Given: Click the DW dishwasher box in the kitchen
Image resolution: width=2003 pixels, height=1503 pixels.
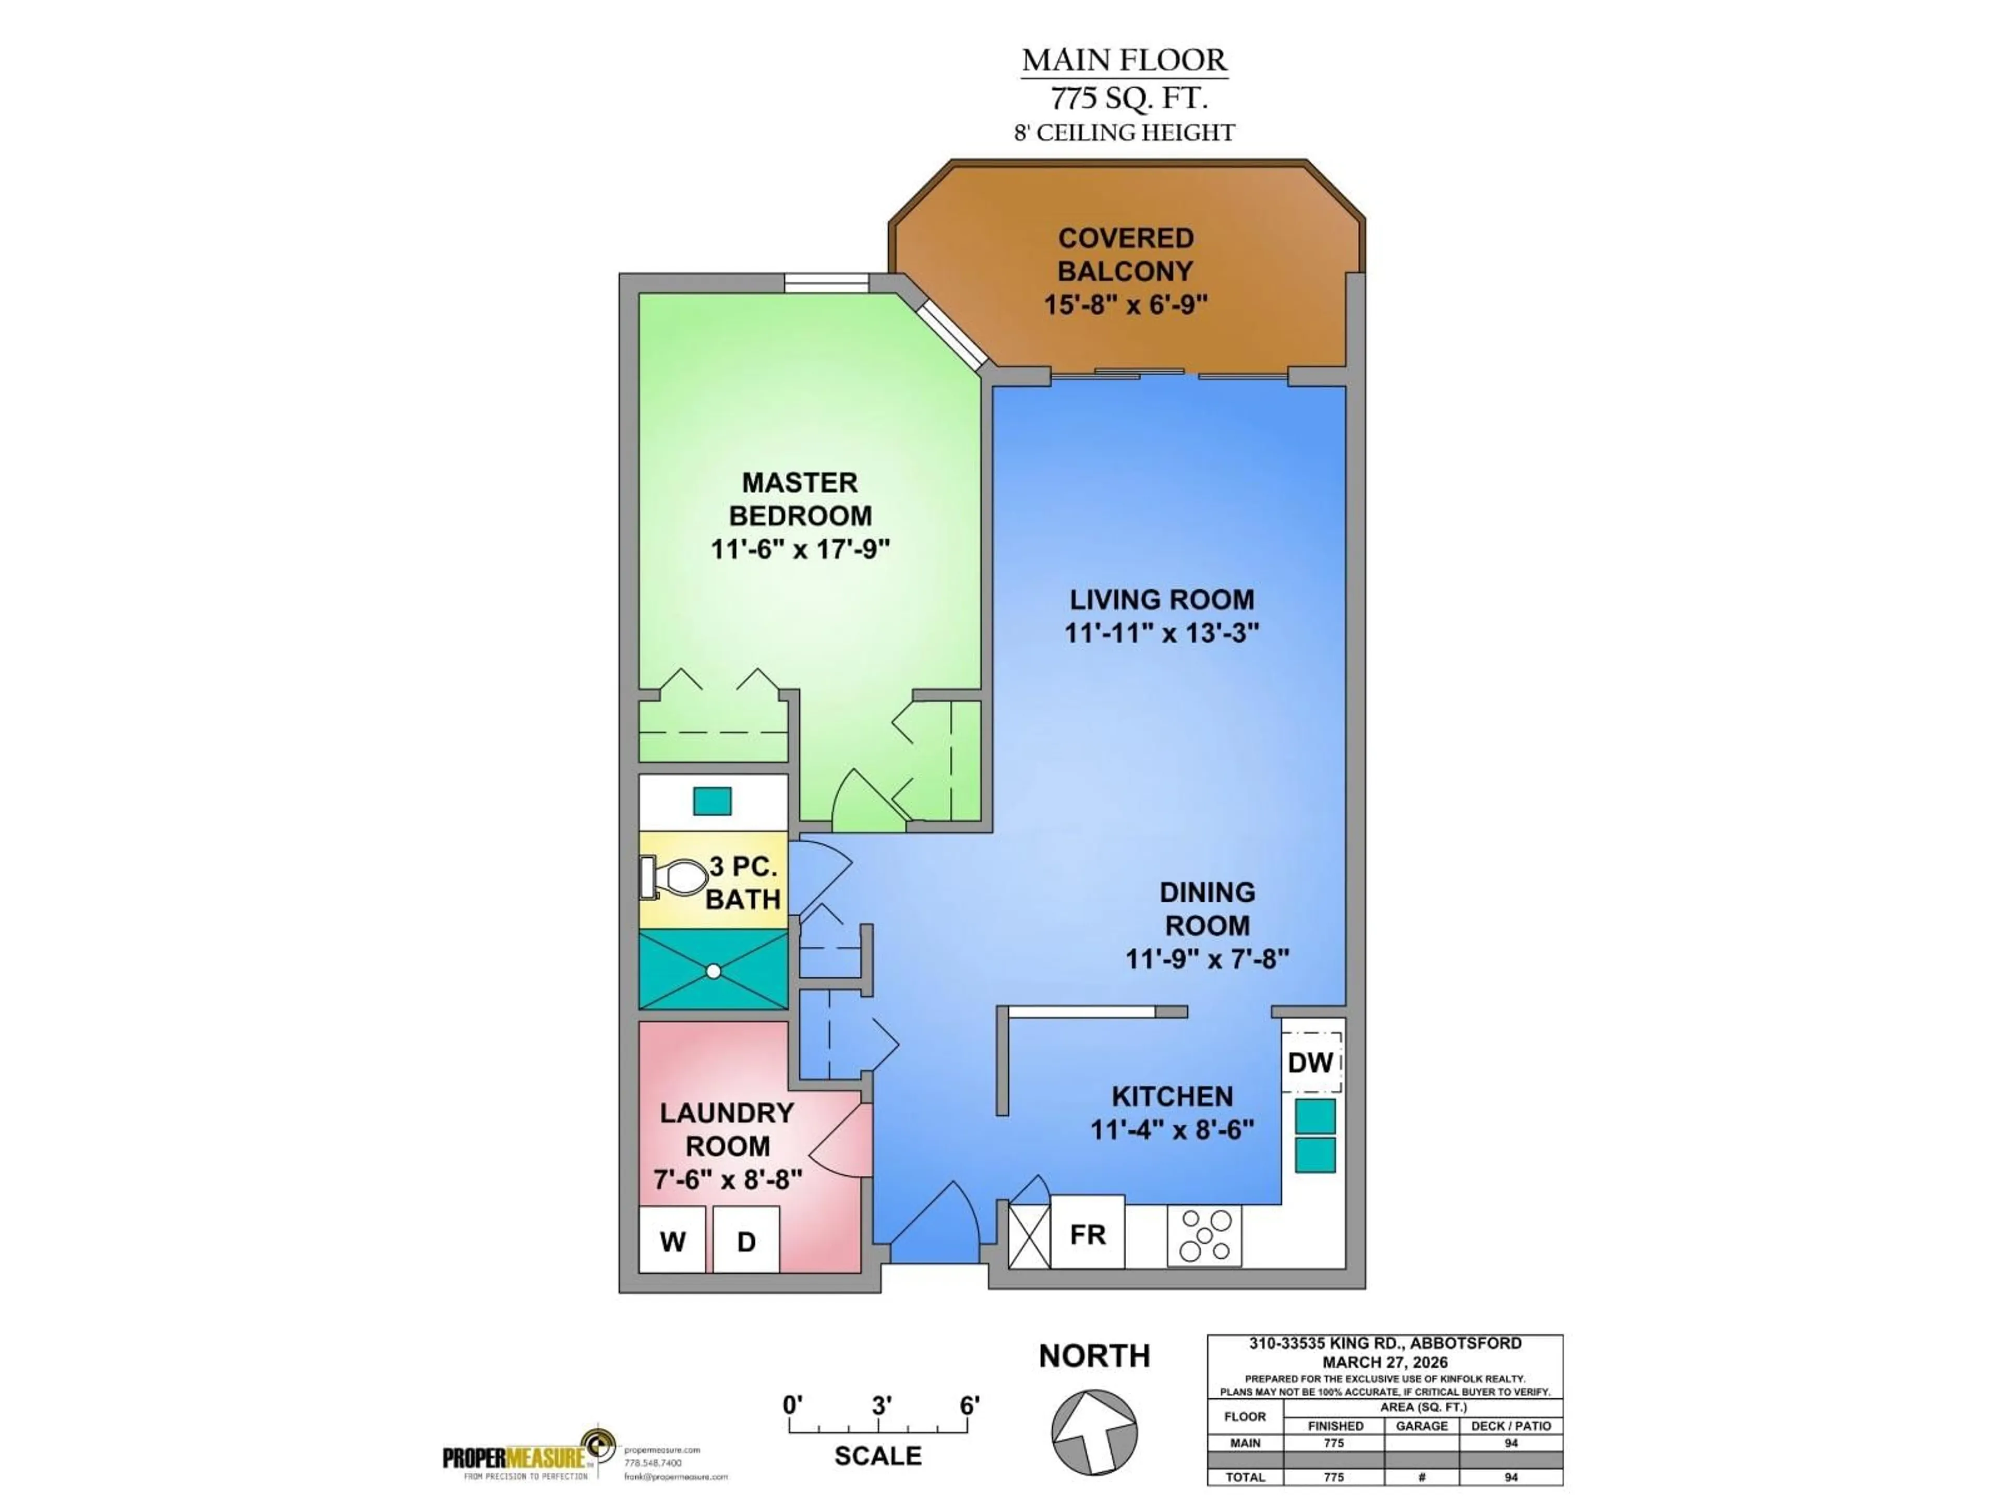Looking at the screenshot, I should click(x=1310, y=1062).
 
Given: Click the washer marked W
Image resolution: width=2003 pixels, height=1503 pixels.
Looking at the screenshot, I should click(x=672, y=1240).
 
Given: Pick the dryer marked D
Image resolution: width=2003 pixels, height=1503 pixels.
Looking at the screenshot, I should click(x=746, y=1240).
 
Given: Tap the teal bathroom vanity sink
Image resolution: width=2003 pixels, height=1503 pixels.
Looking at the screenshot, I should click(x=711, y=802).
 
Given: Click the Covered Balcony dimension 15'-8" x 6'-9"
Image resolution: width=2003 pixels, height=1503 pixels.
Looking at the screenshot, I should click(x=1126, y=304).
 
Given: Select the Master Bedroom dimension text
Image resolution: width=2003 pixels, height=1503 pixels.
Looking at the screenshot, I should click(x=801, y=549).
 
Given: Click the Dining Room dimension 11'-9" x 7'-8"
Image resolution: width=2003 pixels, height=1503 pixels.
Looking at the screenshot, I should click(x=1207, y=959).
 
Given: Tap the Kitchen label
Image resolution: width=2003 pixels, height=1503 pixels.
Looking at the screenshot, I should click(x=1172, y=1096).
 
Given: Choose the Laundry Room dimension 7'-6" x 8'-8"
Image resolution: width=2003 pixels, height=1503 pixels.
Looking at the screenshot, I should click(x=728, y=1179).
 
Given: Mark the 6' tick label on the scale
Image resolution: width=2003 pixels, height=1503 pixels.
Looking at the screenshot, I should click(x=969, y=1405).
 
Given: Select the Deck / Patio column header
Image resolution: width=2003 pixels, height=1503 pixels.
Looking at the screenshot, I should click(x=1511, y=1426).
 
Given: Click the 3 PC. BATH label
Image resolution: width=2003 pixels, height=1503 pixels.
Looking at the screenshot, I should click(x=743, y=884).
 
